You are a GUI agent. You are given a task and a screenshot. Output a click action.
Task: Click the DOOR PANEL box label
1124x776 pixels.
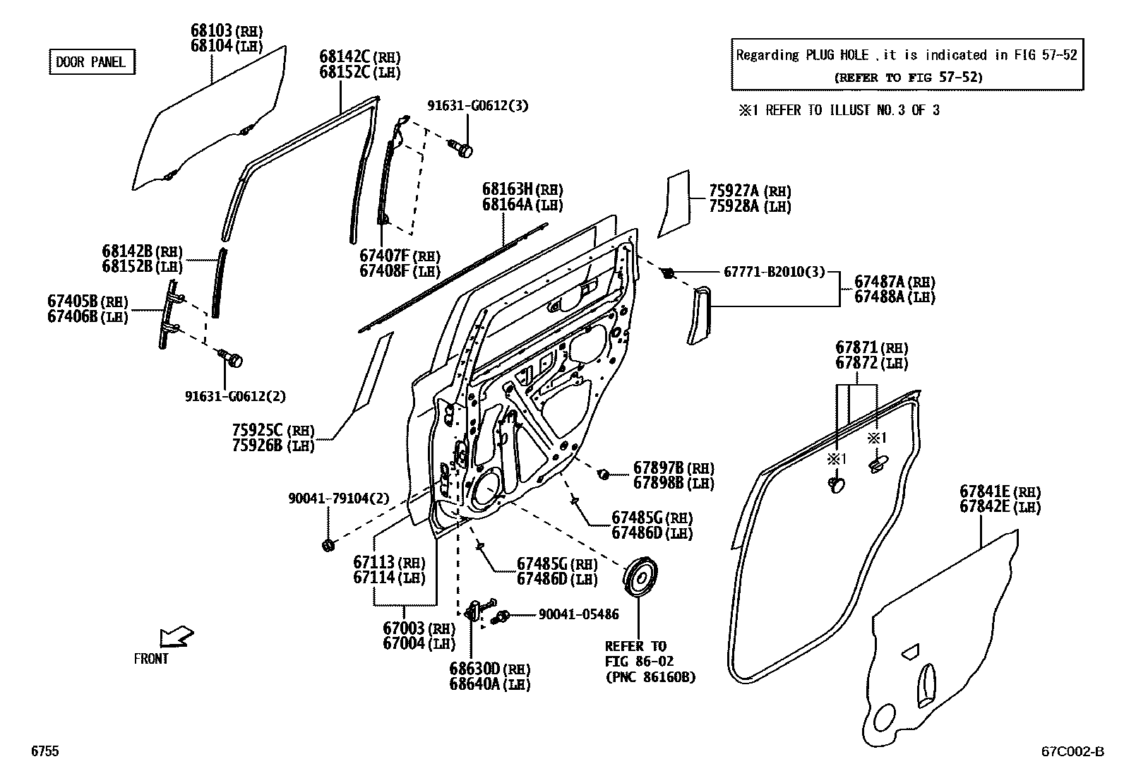[x=90, y=62]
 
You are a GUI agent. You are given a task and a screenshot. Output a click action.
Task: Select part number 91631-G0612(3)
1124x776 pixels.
[x=477, y=106]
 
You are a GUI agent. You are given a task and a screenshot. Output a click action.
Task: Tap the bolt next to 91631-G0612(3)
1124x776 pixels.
[x=463, y=148]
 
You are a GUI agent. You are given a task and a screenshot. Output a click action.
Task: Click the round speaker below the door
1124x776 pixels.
[x=640, y=578]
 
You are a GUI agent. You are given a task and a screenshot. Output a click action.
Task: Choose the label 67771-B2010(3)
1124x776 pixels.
[x=774, y=272]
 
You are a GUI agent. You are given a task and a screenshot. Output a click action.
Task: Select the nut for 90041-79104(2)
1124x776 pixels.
[x=328, y=544]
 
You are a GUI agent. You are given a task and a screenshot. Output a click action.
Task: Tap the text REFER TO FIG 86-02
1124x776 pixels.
[x=635, y=654]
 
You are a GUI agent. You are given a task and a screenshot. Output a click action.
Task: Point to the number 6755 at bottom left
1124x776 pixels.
[x=44, y=752]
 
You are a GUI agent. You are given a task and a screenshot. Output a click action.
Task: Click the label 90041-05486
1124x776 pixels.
[x=578, y=614]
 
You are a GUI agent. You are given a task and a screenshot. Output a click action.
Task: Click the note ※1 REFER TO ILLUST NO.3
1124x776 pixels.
[x=838, y=110]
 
